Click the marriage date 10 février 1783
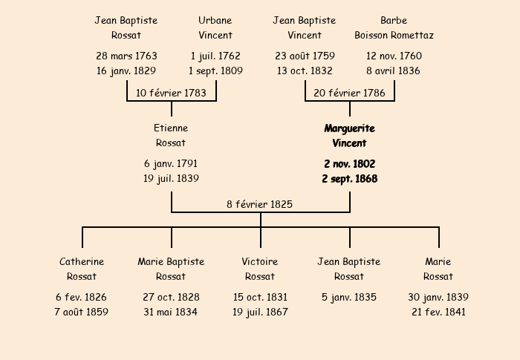[171, 93]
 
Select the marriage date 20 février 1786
[349, 93]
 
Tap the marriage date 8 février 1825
[260, 204]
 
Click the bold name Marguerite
[349, 128]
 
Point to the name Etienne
[171, 128]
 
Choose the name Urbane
[215, 21]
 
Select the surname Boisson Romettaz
[394, 36]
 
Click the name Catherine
[82, 262]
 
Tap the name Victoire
[260, 262]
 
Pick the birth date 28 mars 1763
[126, 56]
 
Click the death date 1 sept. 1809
[215, 71]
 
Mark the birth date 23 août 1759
[305, 56]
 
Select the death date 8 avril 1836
[394, 71]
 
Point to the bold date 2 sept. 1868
[349, 179]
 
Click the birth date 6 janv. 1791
[171, 164]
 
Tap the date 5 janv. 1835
[349, 298]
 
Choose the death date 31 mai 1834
[171, 312]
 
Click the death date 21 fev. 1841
[438, 312]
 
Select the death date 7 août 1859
[82, 312]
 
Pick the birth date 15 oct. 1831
[260, 298]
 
